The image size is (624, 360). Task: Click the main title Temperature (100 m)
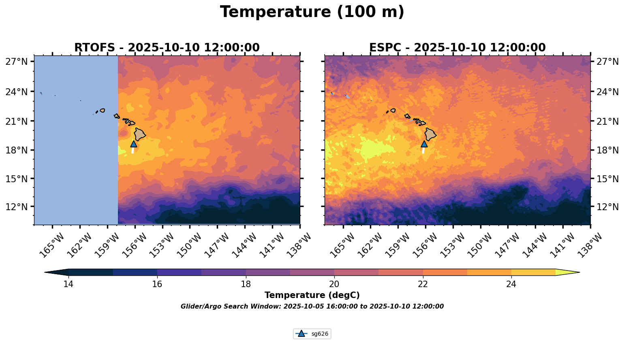click(x=312, y=12)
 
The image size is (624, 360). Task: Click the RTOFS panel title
click(x=167, y=48)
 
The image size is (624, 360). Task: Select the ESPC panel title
click(x=457, y=48)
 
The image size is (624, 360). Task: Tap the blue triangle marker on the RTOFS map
click(x=134, y=144)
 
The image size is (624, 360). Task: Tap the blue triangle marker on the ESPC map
click(x=424, y=144)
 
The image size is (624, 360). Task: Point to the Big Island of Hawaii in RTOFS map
click(x=140, y=134)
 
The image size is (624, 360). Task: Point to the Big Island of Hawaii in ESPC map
click(x=430, y=134)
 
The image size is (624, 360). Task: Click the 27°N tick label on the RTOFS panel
click(x=17, y=62)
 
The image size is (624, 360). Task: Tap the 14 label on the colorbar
click(x=68, y=284)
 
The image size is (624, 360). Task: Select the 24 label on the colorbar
click(x=511, y=284)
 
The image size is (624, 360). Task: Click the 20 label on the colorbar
click(x=334, y=284)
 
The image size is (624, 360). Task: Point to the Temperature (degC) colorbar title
click(x=312, y=295)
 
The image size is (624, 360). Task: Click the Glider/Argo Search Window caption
click(x=312, y=307)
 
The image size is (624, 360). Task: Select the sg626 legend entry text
click(x=320, y=334)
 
